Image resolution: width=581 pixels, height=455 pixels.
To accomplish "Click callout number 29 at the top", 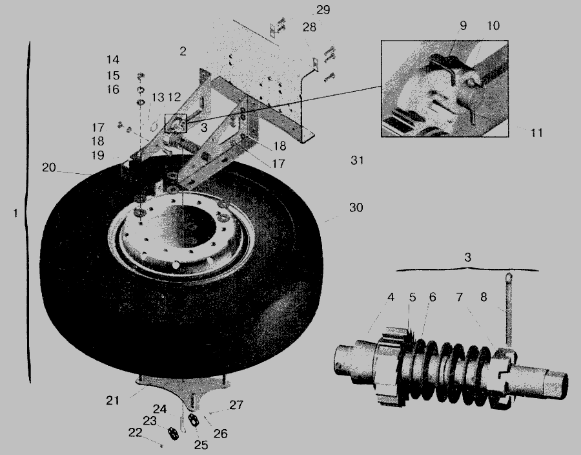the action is (x=323, y=10).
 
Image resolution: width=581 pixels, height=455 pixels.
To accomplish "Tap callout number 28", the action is (x=309, y=27).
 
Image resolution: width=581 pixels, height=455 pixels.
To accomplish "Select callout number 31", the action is (x=357, y=160).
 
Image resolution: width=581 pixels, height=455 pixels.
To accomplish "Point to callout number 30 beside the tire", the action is (x=356, y=207).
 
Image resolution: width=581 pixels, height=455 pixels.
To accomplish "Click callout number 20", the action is (x=49, y=167).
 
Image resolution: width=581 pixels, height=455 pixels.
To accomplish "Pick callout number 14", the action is (x=113, y=59).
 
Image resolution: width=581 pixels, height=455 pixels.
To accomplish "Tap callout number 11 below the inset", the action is (x=536, y=132).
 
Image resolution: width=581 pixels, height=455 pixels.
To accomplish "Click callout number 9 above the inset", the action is (x=463, y=26).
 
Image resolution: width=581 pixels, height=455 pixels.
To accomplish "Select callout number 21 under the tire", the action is (x=112, y=401).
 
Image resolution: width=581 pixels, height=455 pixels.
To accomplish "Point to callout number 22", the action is (x=136, y=432).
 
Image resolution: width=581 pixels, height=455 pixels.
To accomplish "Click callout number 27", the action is (x=236, y=405).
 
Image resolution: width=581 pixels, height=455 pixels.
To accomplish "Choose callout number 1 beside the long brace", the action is (x=15, y=213).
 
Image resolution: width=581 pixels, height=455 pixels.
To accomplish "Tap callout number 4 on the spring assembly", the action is (x=391, y=297).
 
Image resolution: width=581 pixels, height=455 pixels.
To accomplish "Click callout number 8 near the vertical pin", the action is (x=484, y=297).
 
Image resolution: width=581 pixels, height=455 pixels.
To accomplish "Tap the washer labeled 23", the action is (x=172, y=434).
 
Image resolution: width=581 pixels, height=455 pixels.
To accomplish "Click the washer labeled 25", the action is (x=193, y=420).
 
